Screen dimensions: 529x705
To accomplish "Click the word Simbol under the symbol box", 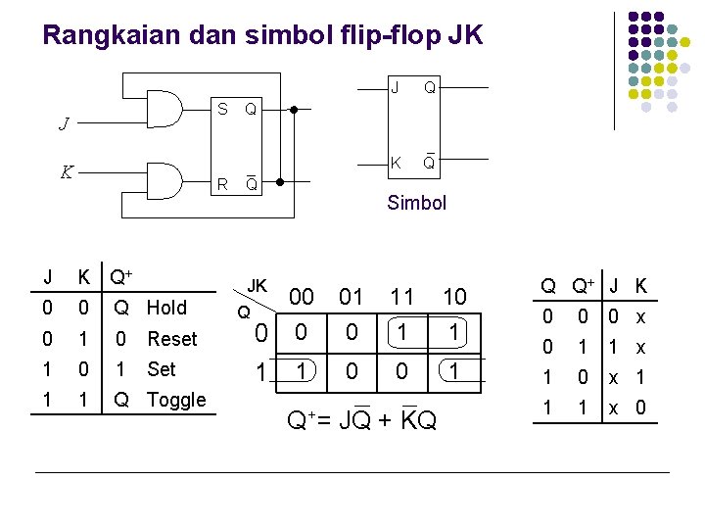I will [416, 203].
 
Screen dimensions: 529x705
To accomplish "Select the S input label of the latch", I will [223, 109].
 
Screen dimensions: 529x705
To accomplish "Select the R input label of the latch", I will [223, 183].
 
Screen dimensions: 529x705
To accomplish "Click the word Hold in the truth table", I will [166, 308].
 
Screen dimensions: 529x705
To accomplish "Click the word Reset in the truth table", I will [172, 339].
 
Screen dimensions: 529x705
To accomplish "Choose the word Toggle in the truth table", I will [176, 400].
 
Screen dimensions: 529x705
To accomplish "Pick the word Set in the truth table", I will [161, 369].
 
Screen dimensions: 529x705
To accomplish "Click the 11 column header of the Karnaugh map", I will [402, 296].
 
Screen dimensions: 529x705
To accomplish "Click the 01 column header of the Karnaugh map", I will [351, 296].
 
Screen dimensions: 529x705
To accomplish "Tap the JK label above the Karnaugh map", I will [257, 286].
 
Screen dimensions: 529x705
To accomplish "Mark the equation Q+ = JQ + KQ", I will [361, 421].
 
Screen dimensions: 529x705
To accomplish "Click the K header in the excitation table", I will [640, 286].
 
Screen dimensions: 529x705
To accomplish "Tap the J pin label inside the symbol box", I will [395, 88].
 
